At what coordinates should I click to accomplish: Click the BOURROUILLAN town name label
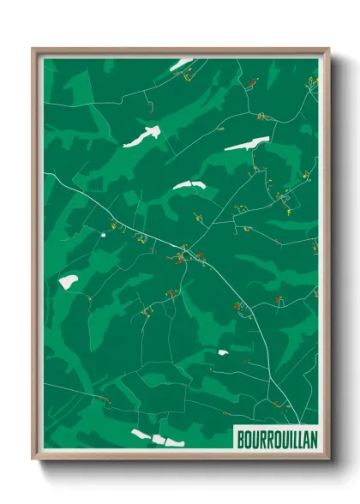(x=275, y=437)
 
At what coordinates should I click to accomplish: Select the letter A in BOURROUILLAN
(x=304, y=437)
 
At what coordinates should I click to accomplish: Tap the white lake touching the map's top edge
(x=181, y=63)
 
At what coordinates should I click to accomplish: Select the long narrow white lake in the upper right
(x=247, y=144)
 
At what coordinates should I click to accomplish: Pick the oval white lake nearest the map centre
(x=189, y=185)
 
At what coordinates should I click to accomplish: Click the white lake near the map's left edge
(x=68, y=280)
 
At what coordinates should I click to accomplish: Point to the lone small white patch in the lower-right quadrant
(x=223, y=351)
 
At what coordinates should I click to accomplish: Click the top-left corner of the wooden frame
(x=34, y=50)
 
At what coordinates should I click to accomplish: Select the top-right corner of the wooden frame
(x=328, y=50)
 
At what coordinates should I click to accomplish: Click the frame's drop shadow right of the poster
(x=339, y=257)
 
